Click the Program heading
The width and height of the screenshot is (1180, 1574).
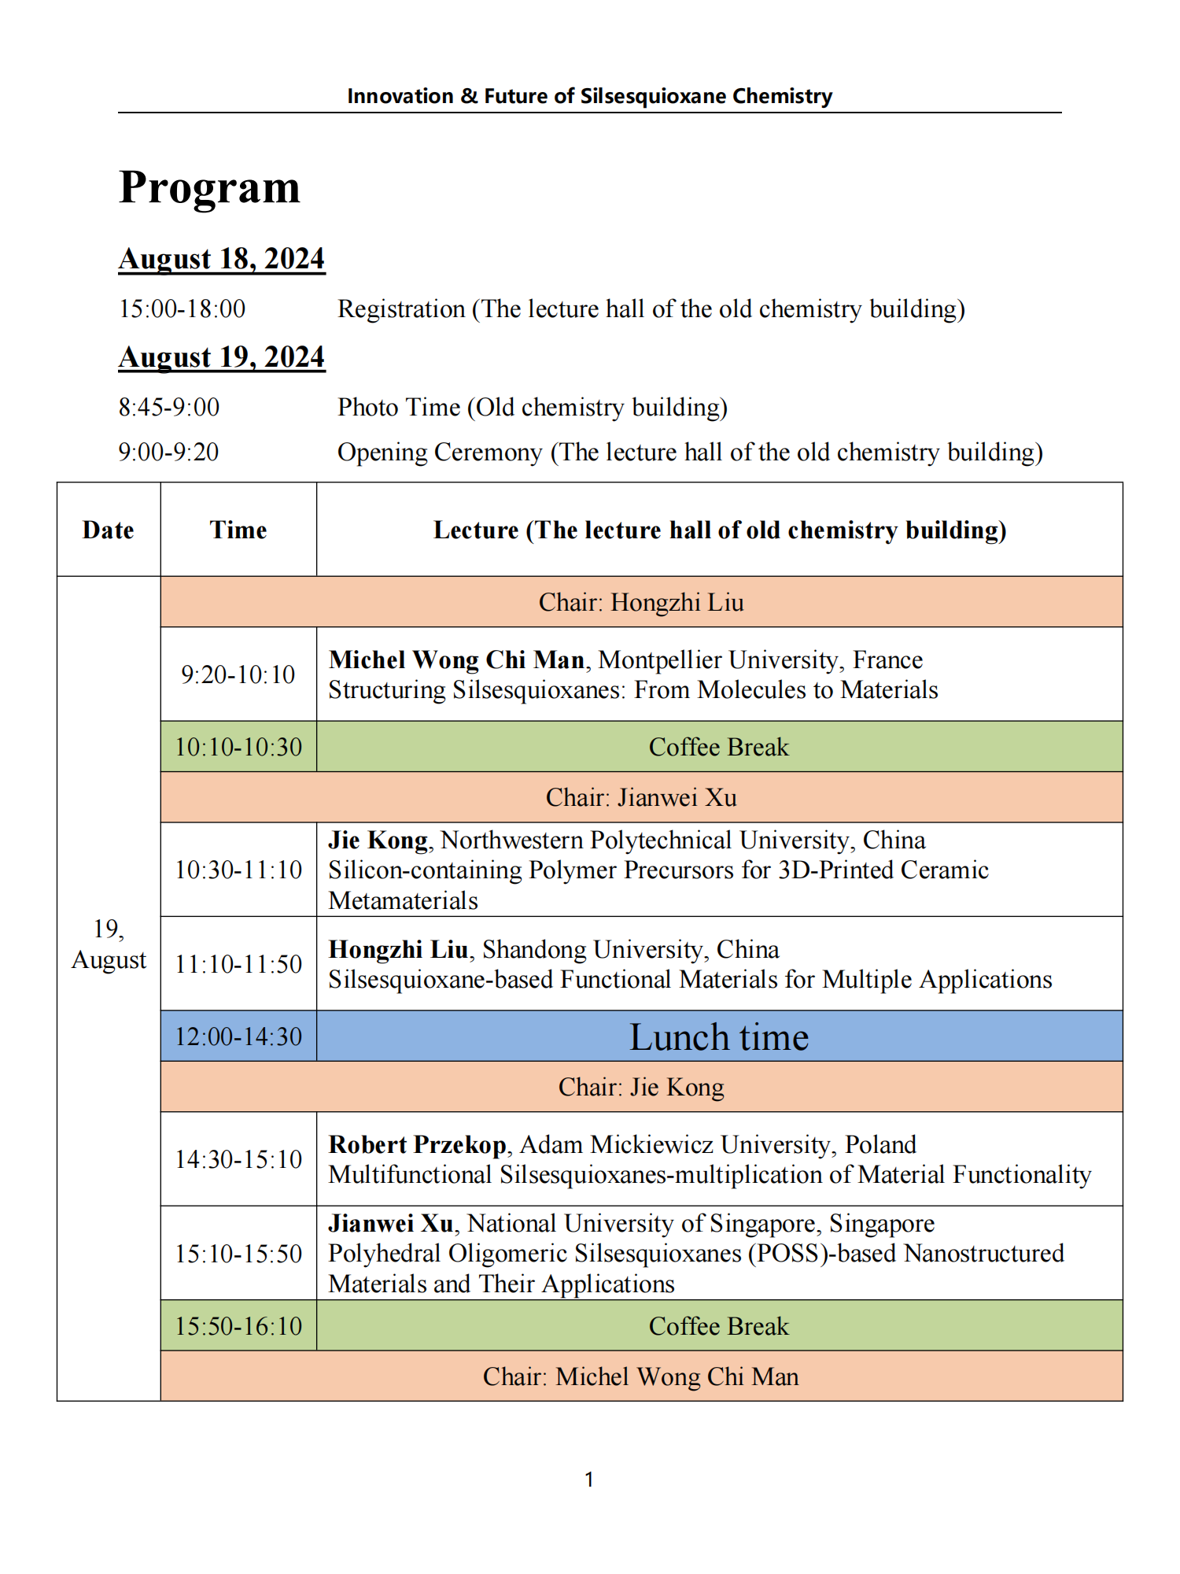tap(210, 187)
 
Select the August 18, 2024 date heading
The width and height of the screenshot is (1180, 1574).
tap(222, 259)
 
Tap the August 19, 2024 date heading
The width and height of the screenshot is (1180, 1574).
tap(222, 357)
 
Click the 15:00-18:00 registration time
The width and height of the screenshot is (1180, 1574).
tap(182, 309)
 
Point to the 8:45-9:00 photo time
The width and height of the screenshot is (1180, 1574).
tap(169, 407)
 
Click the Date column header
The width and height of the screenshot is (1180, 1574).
tap(109, 530)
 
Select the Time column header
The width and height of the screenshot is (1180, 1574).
tap(238, 530)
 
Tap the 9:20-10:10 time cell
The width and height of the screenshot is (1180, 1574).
tap(238, 674)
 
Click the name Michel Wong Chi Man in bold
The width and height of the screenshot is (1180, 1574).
tap(456, 660)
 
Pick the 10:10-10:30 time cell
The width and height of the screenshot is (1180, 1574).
tap(238, 747)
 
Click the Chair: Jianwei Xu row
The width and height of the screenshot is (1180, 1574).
tap(641, 797)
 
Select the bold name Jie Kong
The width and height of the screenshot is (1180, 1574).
tap(378, 840)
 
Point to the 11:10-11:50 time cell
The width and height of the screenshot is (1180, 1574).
tap(238, 964)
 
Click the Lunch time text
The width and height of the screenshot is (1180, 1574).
tap(719, 1036)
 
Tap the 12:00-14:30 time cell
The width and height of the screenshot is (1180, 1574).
tap(238, 1036)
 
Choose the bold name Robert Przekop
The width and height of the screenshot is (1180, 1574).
tap(418, 1144)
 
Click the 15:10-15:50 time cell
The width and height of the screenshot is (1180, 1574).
tap(238, 1254)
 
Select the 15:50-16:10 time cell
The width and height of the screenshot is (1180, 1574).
tap(238, 1326)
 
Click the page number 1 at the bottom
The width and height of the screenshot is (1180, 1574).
tap(589, 1480)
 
